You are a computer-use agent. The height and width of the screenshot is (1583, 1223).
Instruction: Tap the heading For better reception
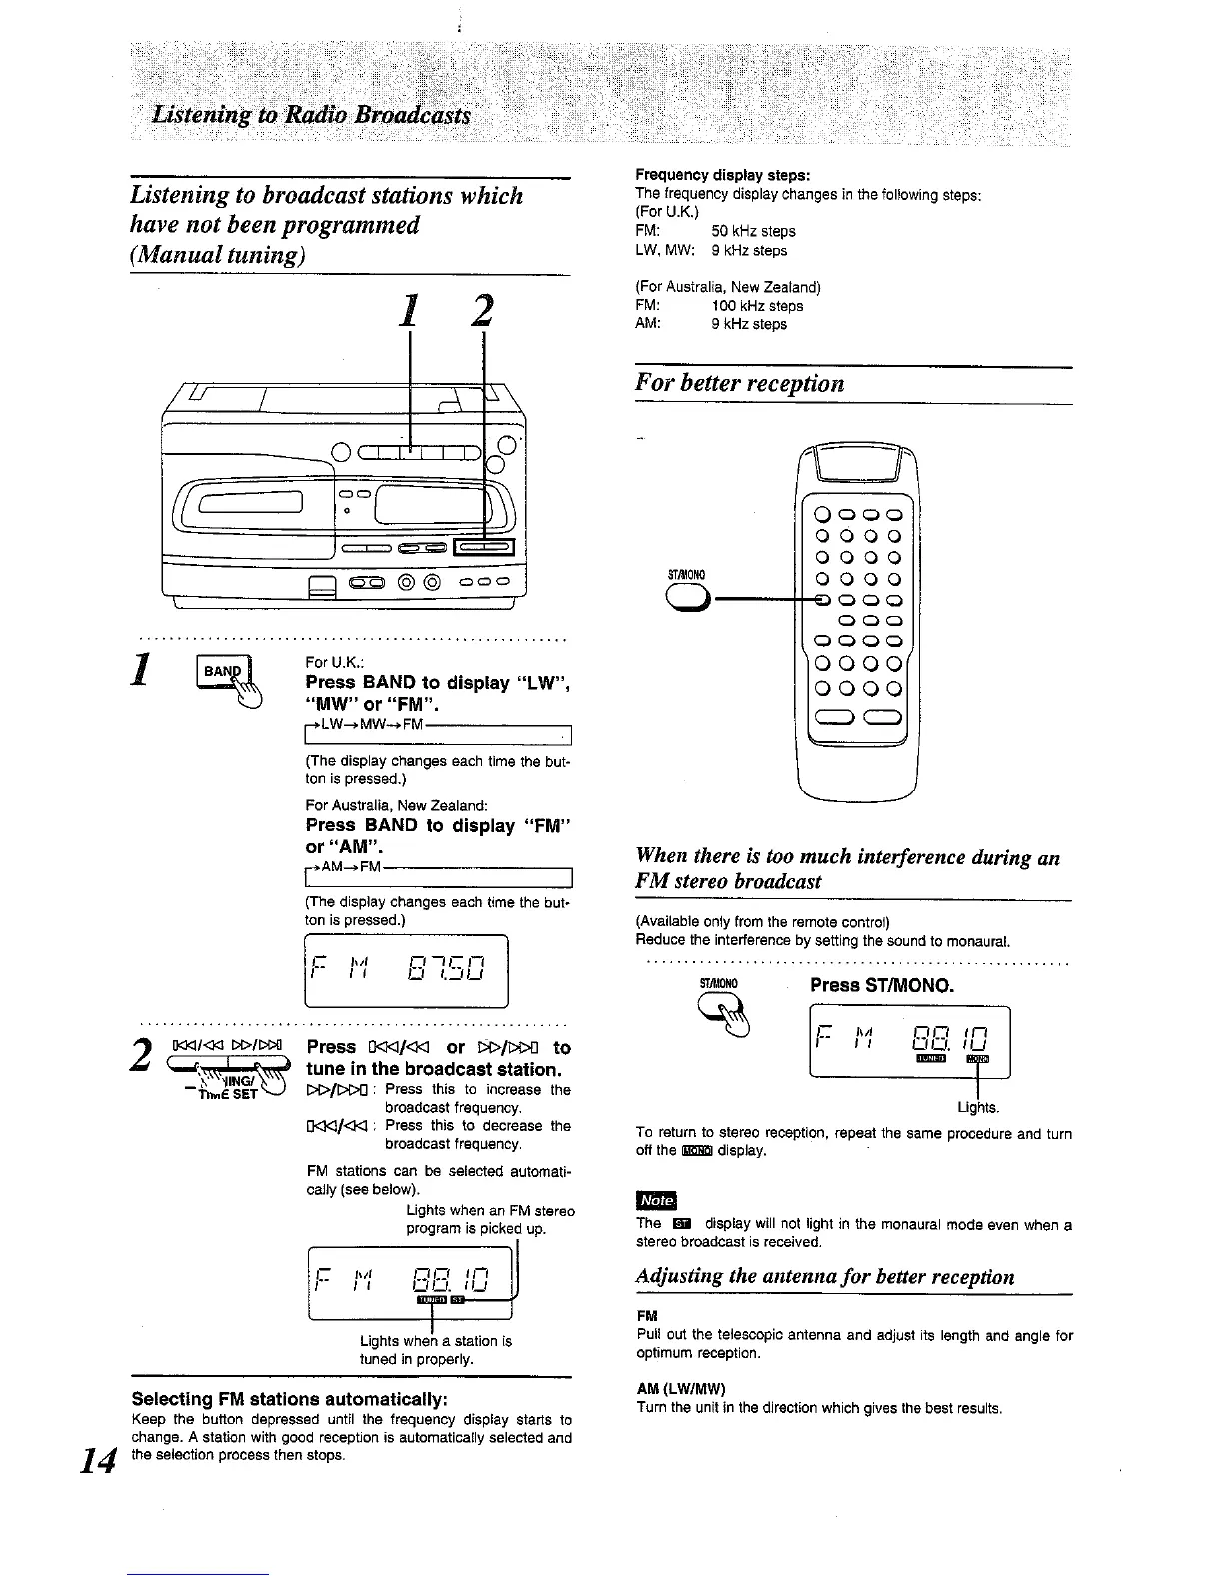(x=740, y=384)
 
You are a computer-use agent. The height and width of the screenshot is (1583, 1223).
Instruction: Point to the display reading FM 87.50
(x=406, y=969)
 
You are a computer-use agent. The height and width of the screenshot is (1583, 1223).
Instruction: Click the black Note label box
(x=656, y=1200)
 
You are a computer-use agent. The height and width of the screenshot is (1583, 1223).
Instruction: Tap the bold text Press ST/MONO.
(x=882, y=985)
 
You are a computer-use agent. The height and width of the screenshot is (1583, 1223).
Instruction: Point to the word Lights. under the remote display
(x=978, y=1107)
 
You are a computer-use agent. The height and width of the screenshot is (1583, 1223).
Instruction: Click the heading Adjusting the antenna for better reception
(x=824, y=1276)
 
